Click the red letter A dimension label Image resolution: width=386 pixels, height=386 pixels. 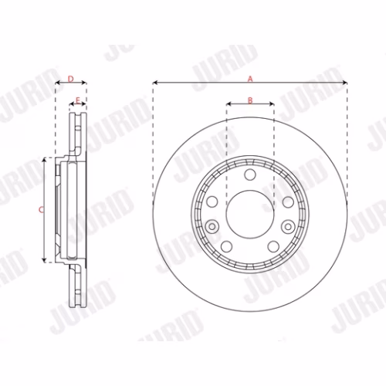pos(250,79)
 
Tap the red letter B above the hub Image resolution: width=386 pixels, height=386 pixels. pos(250,100)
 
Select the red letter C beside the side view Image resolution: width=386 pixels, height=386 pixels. pos(41,210)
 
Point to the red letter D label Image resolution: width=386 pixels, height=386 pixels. pos(70,79)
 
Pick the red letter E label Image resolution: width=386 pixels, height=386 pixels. pos(78,100)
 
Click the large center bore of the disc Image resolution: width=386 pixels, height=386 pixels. pos(250,214)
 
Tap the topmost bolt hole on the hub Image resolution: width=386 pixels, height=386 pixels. pos(250,174)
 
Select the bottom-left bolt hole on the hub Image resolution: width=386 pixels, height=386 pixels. pos(226,246)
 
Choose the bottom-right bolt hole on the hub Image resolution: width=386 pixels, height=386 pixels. pos(273,246)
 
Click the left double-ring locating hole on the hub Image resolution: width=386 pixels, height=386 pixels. pos(212,227)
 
